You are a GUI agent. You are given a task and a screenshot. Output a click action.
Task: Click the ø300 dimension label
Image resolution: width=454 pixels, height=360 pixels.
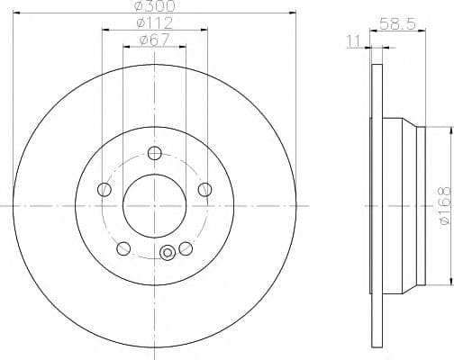(x=155, y=5)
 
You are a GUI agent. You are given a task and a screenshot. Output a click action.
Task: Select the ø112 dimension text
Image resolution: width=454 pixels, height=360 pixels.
(x=155, y=22)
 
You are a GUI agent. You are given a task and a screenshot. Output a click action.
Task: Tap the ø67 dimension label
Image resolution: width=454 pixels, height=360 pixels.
(x=155, y=40)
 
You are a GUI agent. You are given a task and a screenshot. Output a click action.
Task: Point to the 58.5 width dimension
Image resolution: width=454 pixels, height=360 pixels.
(x=397, y=23)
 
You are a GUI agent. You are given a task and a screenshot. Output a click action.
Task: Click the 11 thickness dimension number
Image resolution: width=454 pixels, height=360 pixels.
(x=353, y=41)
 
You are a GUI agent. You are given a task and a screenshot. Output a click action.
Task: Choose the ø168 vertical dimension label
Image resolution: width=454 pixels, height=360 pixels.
(x=445, y=206)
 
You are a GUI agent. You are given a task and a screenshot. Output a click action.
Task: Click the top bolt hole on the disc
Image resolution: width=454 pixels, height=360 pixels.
(x=155, y=153)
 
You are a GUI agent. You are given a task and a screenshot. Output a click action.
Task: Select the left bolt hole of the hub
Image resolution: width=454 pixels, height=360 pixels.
(x=104, y=190)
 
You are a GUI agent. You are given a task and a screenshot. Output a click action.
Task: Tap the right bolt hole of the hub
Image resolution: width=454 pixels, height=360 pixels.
(x=204, y=190)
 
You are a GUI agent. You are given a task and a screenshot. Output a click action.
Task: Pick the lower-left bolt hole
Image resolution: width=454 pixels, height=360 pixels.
(x=123, y=248)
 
